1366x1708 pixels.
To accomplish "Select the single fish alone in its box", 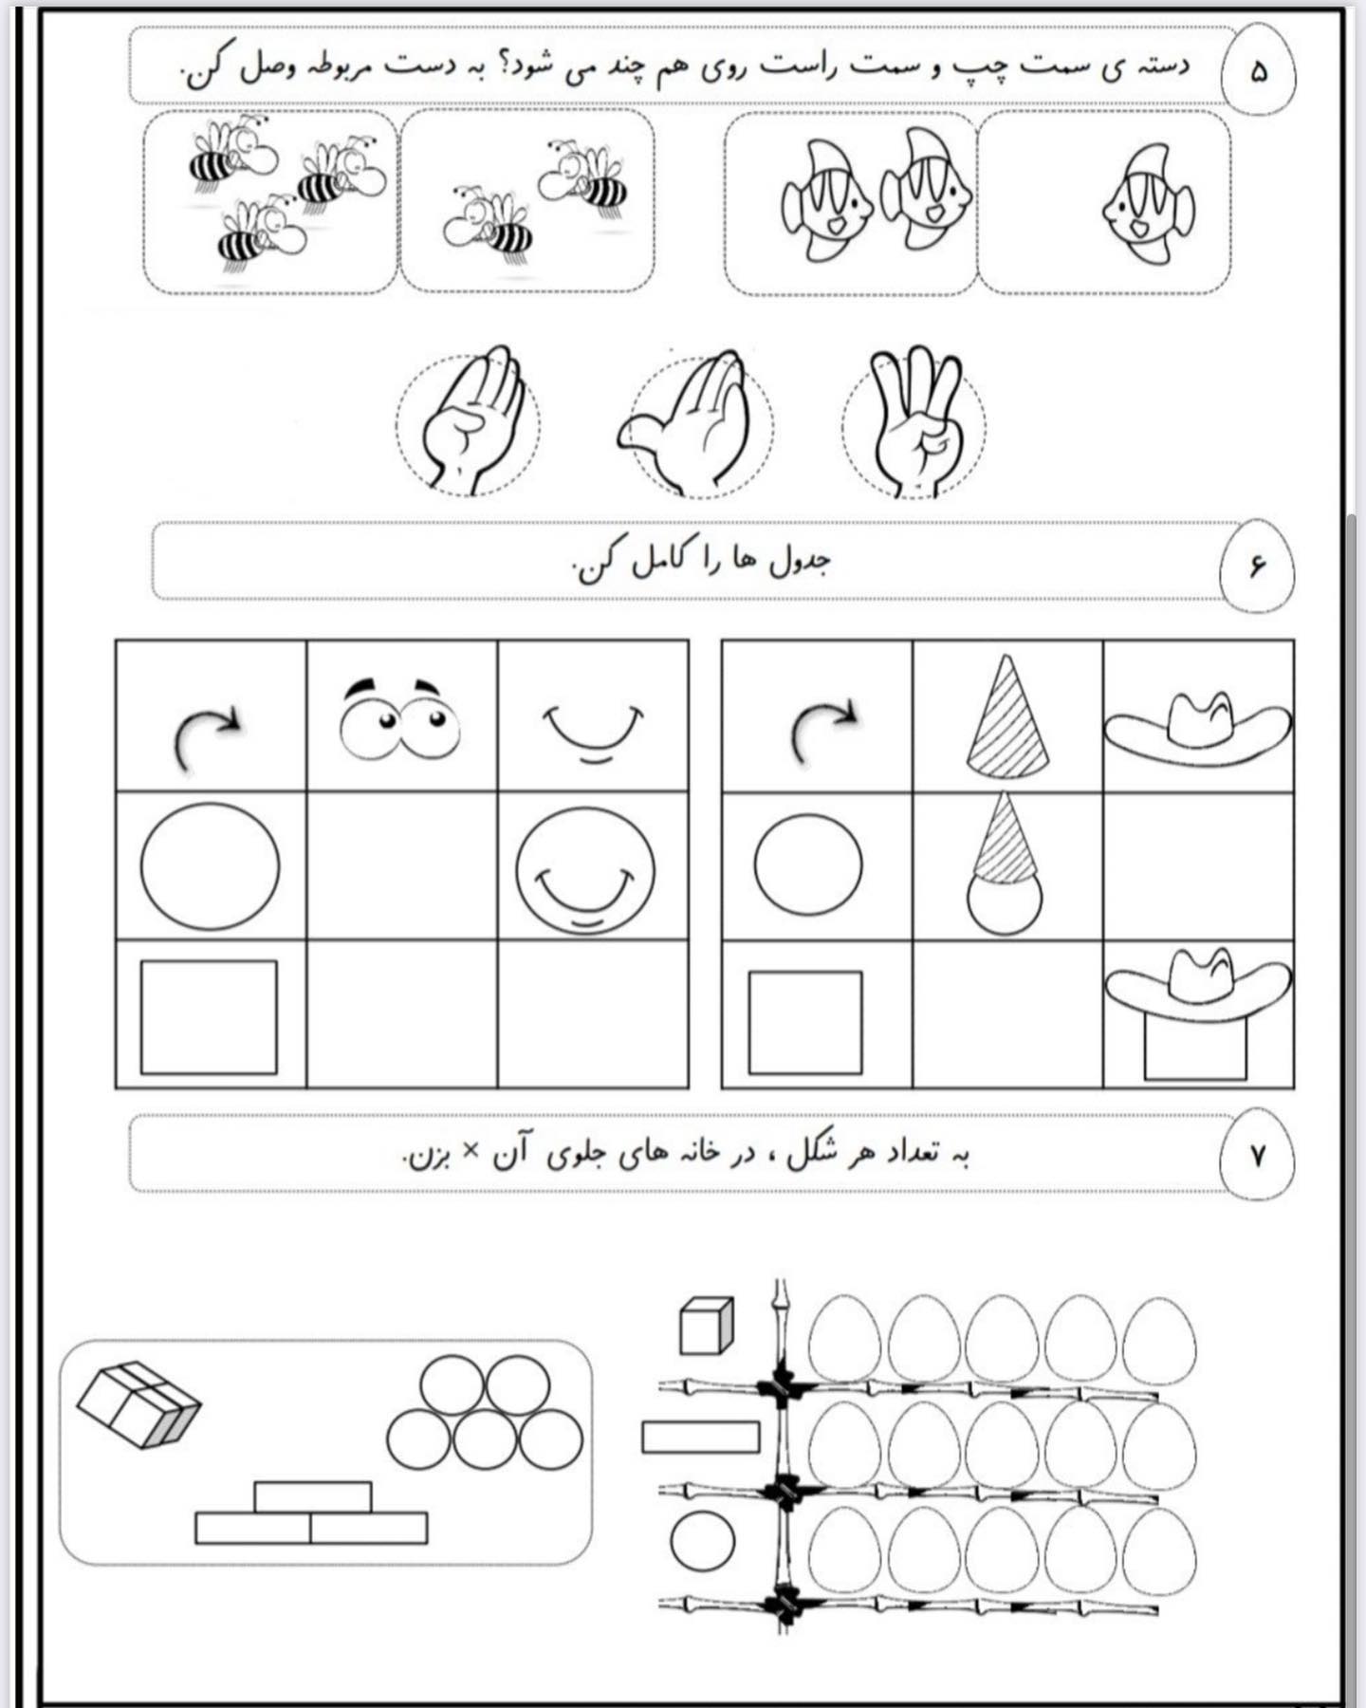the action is click(x=1148, y=204).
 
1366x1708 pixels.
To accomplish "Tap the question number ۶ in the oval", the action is click(x=1257, y=566).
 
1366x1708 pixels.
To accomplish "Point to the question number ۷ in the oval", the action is click(x=1258, y=1156).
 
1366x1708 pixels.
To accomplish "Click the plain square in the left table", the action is click(x=209, y=1017).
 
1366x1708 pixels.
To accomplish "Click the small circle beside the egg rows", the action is click(x=703, y=1539).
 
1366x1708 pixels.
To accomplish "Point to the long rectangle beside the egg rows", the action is click(x=701, y=1437).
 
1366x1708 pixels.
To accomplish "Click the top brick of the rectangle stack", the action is click(x=313, y=1496).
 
